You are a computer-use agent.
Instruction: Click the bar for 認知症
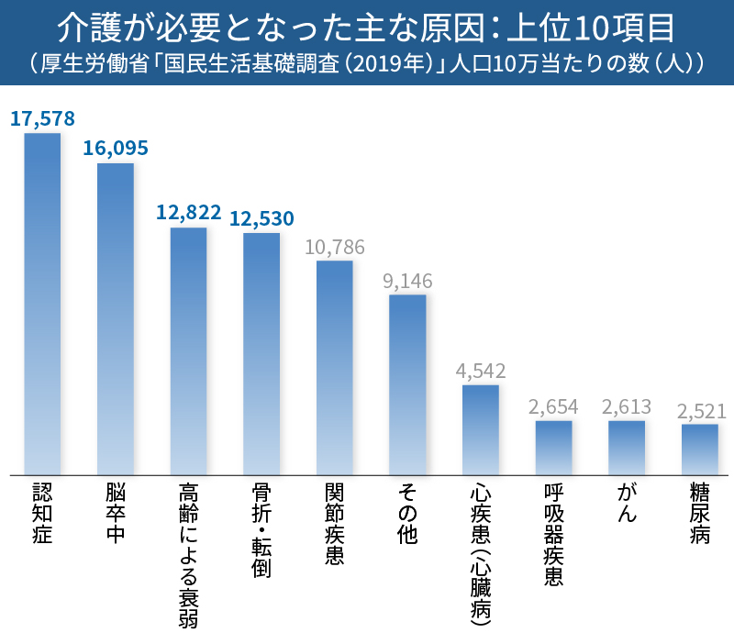click(42, 303)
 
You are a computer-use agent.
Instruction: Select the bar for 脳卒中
click(116, 318)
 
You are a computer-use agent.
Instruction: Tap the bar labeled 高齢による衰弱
click(189, 350)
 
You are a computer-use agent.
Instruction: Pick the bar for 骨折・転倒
click(261, 353)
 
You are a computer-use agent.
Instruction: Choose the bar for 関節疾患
click(335, 367)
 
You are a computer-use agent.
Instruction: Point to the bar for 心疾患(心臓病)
click(481, 428)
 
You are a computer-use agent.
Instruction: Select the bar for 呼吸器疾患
click(554, 447)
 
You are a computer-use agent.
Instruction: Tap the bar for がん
click(627, 447)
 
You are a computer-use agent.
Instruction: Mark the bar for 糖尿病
click(700, 449)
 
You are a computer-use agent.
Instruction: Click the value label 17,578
click(42, 118)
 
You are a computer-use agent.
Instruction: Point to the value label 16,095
click(116, 149)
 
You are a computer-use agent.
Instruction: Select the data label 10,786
click(335, 247)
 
